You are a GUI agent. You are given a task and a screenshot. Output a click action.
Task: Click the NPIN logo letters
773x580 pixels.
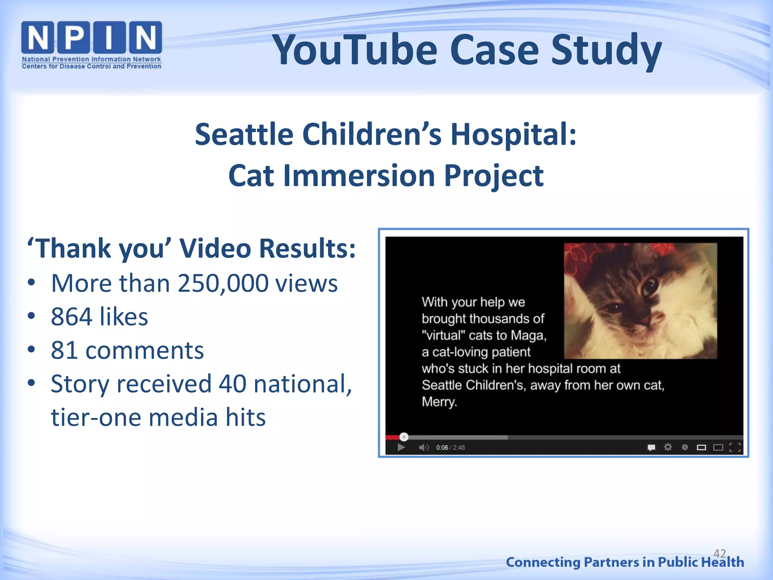[91, 37]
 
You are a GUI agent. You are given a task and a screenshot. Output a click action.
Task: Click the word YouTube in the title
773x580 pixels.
[355, 50]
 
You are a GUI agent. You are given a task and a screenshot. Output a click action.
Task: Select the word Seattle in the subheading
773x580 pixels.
[244, 134]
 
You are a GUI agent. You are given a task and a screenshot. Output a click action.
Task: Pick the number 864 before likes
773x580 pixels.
[71, 317]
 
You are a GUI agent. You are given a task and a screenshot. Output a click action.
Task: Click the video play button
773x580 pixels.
[401, 448]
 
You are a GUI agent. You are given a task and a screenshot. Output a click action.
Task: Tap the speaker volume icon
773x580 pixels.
[423, 448]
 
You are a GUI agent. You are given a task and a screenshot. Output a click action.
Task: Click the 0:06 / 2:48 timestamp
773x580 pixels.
[450, 448]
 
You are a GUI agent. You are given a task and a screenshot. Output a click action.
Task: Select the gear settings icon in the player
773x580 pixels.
[668, 447]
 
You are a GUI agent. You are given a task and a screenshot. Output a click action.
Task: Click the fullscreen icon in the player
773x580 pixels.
[735, 448]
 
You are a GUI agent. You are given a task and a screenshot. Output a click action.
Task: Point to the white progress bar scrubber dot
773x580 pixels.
[404, 437]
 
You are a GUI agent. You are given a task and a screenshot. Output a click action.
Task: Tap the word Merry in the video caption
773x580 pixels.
[439, 402]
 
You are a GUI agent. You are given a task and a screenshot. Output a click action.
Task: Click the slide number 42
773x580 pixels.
[719, 554]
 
